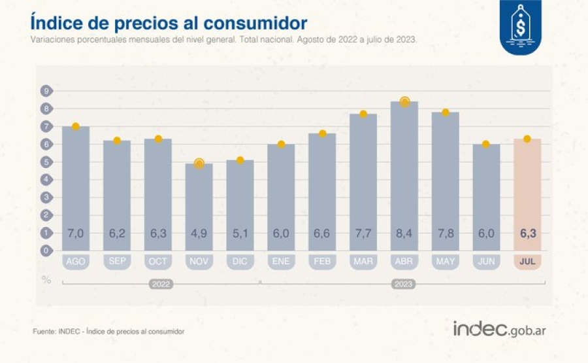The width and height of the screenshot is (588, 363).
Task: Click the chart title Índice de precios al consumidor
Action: point(169,23)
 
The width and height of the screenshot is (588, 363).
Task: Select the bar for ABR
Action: point(404,176)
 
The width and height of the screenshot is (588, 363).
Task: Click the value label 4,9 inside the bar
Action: point(199,233)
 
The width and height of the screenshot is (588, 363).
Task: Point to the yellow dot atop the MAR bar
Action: point(363,114)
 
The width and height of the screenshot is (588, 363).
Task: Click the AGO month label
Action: point(76,262)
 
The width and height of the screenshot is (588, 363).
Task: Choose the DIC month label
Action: point(240,262)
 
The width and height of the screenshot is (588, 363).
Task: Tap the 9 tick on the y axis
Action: point(46,91)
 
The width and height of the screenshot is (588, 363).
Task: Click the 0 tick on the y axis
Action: point(46,251)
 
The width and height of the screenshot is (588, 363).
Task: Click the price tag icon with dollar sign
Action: point(521,27)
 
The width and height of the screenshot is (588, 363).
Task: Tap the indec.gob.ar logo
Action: point(499,329)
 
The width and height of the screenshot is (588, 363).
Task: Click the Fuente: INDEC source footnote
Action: point(108,332)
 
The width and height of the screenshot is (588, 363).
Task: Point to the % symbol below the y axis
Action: point(46,280)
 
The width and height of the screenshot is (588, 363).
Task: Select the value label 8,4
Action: point(404,233)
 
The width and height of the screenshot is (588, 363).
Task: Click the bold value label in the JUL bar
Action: point(527,233)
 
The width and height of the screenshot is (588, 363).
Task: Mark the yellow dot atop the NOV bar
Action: point(199,164)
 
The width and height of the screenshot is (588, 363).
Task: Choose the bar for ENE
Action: point(281,197)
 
